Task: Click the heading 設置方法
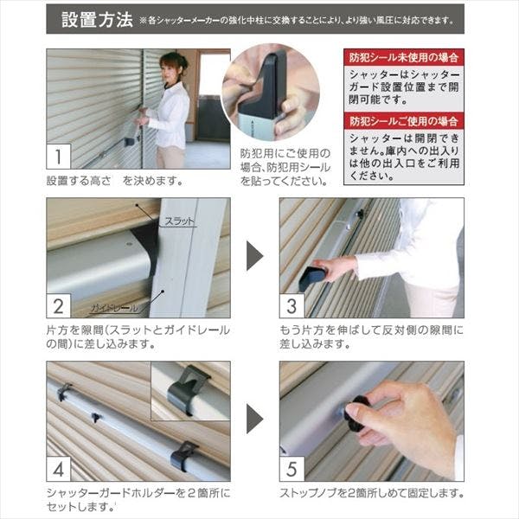96,18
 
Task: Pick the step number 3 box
292,305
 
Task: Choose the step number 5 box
292,469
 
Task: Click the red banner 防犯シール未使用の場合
403,57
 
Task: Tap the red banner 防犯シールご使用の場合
403,121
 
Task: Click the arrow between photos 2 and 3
254,256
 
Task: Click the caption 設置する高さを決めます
113,180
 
